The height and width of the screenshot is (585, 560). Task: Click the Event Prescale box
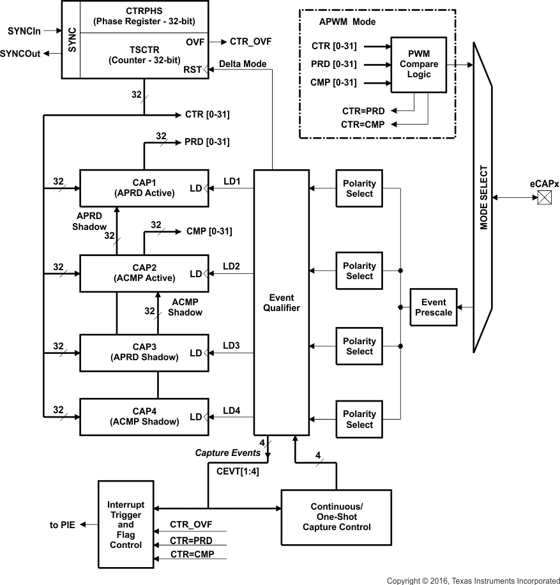coord(434,308)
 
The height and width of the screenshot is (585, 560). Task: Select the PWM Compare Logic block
coord(419,65)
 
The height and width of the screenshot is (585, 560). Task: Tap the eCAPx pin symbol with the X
coord(544,199)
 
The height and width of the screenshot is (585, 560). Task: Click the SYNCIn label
coord(24,31)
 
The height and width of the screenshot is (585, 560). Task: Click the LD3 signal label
coord(231,346)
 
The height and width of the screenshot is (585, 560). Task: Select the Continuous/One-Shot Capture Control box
coord(337,517)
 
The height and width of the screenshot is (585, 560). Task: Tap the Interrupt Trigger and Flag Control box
coord(126,525)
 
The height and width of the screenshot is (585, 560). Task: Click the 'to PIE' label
coord(63,525)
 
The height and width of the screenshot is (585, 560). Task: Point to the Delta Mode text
coord(243,65)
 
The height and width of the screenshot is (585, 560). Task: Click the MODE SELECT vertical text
coord(483,198)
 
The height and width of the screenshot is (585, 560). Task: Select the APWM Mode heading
coord(347,22)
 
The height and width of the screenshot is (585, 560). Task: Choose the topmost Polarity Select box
coord(359,188)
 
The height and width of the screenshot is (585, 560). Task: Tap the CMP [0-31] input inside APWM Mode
coord(333,82)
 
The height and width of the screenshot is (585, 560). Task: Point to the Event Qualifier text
coord(281,303)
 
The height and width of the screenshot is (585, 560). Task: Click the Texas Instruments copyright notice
coord(473,581)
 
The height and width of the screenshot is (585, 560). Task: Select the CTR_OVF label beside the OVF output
coord(250,42)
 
